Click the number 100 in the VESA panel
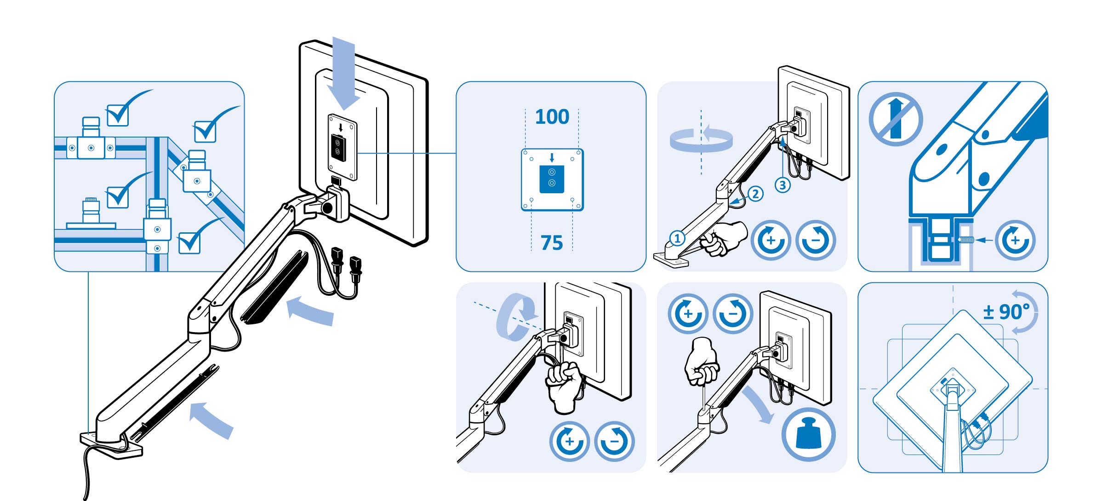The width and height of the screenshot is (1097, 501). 552,117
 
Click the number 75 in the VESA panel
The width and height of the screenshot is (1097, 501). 551,242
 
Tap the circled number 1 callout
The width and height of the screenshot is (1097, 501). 677,239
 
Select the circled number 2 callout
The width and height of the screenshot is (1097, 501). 755,194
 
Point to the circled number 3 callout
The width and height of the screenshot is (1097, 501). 783,185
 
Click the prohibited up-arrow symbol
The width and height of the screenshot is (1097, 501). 895,119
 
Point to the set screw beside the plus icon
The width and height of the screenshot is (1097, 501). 965,240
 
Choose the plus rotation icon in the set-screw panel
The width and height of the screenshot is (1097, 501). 1015,240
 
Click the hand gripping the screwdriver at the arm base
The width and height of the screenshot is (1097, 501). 722,237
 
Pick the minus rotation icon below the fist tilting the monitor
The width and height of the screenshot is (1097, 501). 614,441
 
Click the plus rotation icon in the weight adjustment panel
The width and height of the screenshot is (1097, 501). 688,313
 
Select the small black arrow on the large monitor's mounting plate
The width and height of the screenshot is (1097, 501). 340,127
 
